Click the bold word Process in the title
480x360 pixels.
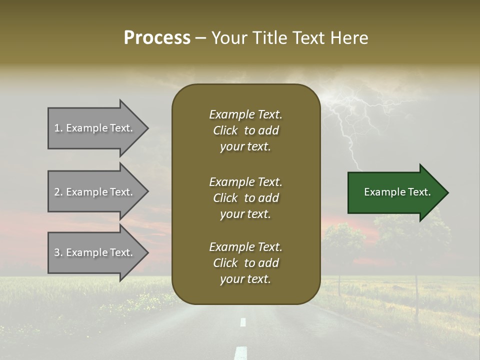click(x=157, y=38)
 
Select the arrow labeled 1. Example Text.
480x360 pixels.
click(x=95, y=128)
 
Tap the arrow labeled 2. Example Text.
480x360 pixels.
click(x=95, y=192)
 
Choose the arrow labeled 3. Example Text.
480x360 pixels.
click(x=95, y=252)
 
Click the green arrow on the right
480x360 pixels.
click(x=395, y=192)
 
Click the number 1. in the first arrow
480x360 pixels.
click(x=58, y=128)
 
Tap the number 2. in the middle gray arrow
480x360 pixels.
click(x=58, y=192)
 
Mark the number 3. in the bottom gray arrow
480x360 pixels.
click(x=58, y=252)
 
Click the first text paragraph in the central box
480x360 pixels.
click(x=245, y=130)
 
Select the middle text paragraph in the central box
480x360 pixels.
click(x=245, y=198)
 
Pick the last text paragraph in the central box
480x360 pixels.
click(x=245, y=263)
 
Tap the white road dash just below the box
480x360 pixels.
click(x=243, y=322)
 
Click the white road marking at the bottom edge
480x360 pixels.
click(x=241, y=353)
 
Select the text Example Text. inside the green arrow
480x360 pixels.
click(x=397, y=192)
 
